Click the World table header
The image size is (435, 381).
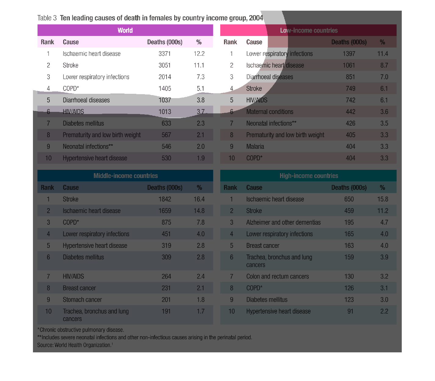125,30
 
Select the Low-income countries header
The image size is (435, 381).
308,30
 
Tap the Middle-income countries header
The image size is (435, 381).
125,176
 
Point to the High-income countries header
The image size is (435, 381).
309,176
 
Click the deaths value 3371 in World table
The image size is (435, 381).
165,54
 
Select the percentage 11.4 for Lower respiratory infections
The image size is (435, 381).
383,54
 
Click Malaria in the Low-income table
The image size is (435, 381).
255,147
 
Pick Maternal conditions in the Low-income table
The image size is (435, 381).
270,112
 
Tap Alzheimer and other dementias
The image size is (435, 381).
283,223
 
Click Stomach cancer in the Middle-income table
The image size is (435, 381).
82,300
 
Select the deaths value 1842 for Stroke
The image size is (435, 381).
165,199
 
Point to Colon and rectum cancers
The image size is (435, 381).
278,277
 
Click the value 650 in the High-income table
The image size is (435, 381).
349,199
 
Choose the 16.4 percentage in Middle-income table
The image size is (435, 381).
199,199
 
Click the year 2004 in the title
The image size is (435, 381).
256,18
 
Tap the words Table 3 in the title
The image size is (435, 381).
47,18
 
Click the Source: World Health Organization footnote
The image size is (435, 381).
75,345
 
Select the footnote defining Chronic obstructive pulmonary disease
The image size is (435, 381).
81,330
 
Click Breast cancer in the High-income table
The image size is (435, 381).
263,246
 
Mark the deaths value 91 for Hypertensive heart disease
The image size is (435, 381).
350,312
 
